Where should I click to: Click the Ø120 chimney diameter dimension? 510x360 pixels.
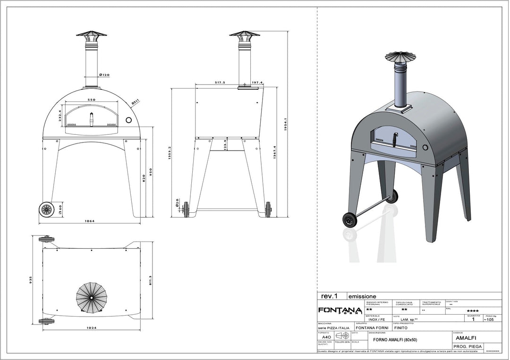coord(104,75)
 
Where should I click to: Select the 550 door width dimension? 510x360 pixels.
coord(92,100)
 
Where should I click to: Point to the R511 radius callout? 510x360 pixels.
coord(135,100)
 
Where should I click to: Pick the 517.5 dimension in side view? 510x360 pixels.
coord(220,82)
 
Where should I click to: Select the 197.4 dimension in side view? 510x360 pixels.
coord(257,82)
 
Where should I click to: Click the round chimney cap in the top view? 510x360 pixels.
coord(92,297)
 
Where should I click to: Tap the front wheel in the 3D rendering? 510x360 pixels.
coord(350,220)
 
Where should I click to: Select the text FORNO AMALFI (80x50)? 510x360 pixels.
coord(395,340)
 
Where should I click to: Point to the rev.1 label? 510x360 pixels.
coord(330,296)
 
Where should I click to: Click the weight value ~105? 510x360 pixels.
coord(489,319)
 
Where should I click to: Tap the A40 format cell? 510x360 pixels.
coord(326,337)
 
